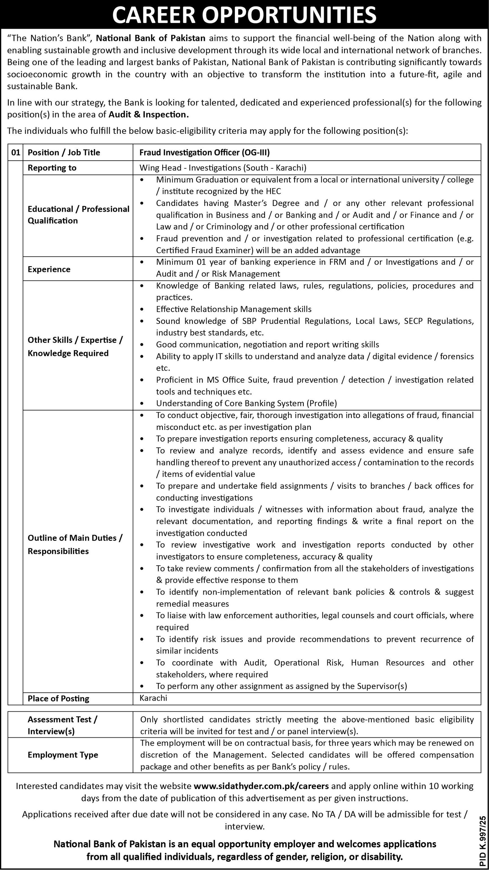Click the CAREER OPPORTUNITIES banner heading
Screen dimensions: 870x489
click(x=244, y=15)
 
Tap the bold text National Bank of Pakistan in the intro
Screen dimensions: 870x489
click(x=151, y=38)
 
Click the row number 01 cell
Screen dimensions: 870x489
click(x=16, y=152)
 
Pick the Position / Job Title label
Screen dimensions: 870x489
click(x=64, y=152)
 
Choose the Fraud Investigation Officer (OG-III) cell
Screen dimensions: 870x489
click(x=205, y=152)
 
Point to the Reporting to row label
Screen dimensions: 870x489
click(x=52, y=167)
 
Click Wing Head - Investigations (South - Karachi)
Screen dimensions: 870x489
click(x=223, y=167)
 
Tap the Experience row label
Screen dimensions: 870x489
click(x=49, y=269)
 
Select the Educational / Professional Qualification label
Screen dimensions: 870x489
click(x=78, y=215)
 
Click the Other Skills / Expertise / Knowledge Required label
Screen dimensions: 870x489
click(x=75, y=347)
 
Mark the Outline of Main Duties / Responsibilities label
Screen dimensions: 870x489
click(x=75, y=545)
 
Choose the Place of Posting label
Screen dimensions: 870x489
click(x=58, y=699)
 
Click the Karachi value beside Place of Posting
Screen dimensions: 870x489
click(x=153, y=698)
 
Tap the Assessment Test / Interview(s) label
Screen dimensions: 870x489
click(x=62, y=725)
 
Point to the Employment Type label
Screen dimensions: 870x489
click(x=63, y=755)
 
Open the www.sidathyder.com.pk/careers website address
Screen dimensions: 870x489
click(x=261, y=786)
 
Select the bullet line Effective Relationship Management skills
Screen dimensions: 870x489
click(x=234, y=309)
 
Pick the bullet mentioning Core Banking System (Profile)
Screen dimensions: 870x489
click(x=247, y=403)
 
